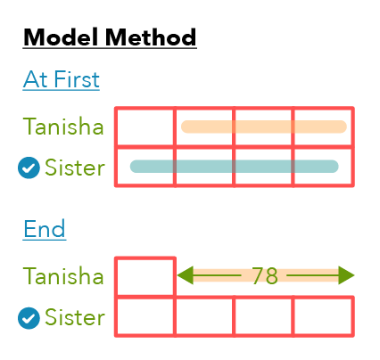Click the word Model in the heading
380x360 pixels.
[61, 37]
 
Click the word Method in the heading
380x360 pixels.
[151, 37]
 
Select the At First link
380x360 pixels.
[62, 79]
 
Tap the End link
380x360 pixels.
[45, 229]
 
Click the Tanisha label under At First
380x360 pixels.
[63, 127]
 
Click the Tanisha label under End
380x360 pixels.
[63, 276]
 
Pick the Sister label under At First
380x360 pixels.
[75, 168]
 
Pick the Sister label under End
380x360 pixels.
[75, 317]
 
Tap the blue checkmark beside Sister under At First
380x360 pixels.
[29, 168]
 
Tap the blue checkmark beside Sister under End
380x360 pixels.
[29, 318]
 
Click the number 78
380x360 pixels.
[265, 276]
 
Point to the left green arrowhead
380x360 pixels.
[185, 275]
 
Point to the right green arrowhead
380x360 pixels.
[346, 275]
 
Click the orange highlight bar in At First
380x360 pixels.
[264, 127]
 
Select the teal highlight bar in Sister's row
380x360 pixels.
[235, 167]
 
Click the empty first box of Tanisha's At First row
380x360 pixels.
[145, 127]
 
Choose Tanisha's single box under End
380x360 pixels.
[145, 276]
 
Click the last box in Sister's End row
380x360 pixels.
[324, 316]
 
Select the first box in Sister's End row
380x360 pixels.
[145, 316]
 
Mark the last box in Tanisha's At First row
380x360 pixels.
[324, 127]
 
